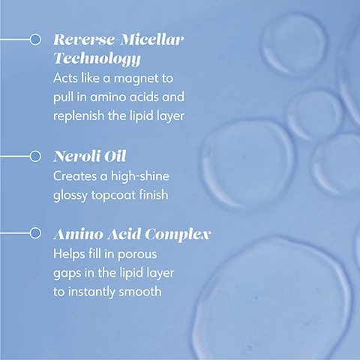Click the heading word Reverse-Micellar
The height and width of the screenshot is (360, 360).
(118, 38)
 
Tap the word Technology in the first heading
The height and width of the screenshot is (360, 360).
(97, 57)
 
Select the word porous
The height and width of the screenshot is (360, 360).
(149, 254)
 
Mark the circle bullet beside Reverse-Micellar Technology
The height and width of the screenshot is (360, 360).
(34, 39)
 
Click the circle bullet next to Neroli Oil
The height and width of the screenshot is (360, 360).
(34, 157)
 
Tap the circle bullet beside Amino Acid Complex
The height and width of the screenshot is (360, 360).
(34, 234)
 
